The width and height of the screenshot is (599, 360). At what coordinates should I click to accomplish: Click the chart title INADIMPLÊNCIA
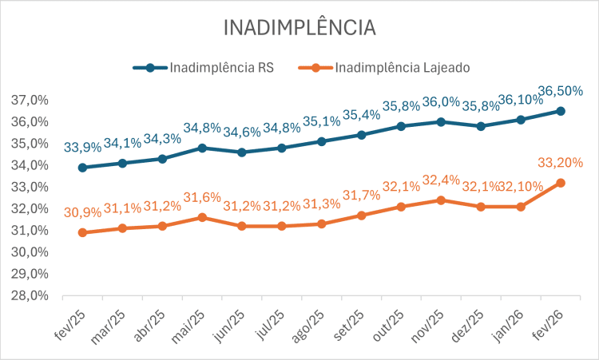coord(299,26)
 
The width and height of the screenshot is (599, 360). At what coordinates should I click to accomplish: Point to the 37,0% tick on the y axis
coord(30,101)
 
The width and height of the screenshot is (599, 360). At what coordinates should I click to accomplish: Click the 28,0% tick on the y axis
coord(30,295)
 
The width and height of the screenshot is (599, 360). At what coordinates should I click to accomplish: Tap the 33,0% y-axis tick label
coord(30,187)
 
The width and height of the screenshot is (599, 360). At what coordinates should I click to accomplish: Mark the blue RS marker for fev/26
coord(561,111)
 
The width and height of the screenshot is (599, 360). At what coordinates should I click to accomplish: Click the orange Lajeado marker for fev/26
coord(561,183)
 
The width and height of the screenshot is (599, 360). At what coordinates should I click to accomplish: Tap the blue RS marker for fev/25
coord(82,168)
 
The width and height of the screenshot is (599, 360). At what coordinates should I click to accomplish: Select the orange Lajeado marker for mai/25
coord(202,217)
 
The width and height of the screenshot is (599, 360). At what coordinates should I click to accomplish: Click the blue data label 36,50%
coord(560,91)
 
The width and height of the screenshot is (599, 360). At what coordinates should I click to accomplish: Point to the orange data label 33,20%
coord(560,163)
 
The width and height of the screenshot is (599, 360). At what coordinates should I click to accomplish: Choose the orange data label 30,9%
coord(82,213)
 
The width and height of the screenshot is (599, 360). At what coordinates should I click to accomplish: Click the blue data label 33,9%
coord(82,148)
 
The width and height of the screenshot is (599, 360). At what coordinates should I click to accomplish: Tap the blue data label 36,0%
coord(441,102)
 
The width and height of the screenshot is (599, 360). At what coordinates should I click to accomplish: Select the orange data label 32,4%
coord(441,180)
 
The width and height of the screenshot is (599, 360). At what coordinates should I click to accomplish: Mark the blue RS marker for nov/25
coord(441,122)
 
